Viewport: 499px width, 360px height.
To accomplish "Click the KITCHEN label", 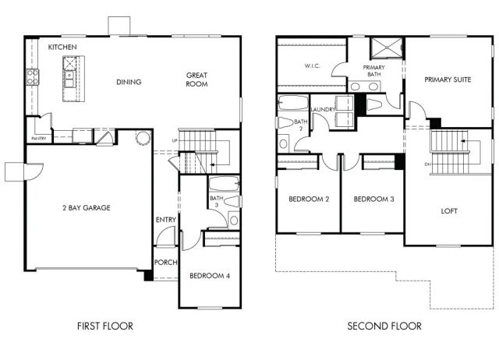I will [x=62, y=48].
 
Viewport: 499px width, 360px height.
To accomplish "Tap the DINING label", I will [x=129, y=82].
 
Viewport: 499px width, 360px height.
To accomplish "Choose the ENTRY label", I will [x=166, y=220].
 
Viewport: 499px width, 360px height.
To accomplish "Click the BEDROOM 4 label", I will [x=210, y=276].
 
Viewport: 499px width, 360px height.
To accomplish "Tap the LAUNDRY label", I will [x=323, y=110].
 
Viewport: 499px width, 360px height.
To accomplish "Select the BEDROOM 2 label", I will [x=308, y=199].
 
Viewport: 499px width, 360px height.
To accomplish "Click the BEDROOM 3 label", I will [x=373, y=199].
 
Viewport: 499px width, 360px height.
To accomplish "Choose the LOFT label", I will [x=449, y=210].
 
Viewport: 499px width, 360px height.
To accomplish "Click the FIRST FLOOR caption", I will [x=106, y=326].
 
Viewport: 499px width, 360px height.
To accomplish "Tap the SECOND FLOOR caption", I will [x=384, y=326].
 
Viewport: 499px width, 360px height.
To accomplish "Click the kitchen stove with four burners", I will [x=33, y=76].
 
